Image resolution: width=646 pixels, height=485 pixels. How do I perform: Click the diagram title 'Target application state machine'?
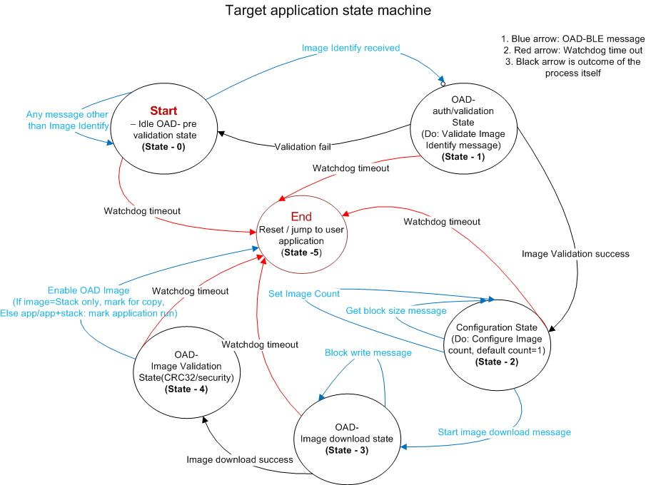328,11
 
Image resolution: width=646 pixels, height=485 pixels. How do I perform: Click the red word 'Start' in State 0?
163,111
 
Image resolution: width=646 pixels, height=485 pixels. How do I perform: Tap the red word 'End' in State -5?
301,217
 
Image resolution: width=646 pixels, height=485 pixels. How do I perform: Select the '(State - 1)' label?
463,157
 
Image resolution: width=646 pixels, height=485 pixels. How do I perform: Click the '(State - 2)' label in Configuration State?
497,362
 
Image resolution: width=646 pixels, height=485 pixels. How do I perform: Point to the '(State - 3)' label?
346,450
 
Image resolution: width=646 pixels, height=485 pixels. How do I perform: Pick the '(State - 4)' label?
188,389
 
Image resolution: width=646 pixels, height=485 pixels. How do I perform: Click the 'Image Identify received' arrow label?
350,48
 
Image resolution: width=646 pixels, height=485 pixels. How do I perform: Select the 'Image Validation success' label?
575,253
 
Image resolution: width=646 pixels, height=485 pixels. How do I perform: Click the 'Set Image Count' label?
303,293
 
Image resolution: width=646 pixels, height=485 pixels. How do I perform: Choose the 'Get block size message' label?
397,310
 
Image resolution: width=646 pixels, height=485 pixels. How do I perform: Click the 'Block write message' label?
368,352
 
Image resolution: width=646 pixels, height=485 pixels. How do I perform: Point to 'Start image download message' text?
503,432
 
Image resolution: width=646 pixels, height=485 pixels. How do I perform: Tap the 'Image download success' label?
240,459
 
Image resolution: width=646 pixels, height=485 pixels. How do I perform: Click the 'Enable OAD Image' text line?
89,290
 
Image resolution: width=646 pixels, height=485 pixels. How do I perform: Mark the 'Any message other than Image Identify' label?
67,120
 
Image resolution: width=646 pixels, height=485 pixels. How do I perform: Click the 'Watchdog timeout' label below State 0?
142,211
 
